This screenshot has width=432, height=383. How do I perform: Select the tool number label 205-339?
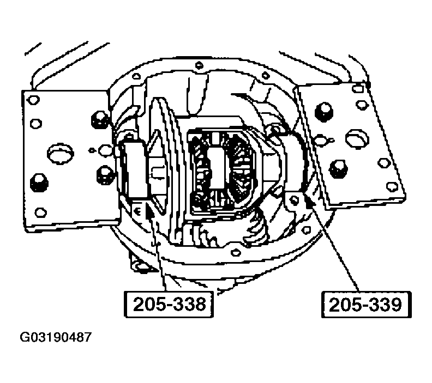click(365, 304)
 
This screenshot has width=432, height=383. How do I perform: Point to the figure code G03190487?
click(56, 337)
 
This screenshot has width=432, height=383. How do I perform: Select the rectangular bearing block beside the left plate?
click(133, 168)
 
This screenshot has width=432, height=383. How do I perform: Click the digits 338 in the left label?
click(187, 304)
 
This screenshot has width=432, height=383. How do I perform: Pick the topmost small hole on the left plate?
click(34, 100)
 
